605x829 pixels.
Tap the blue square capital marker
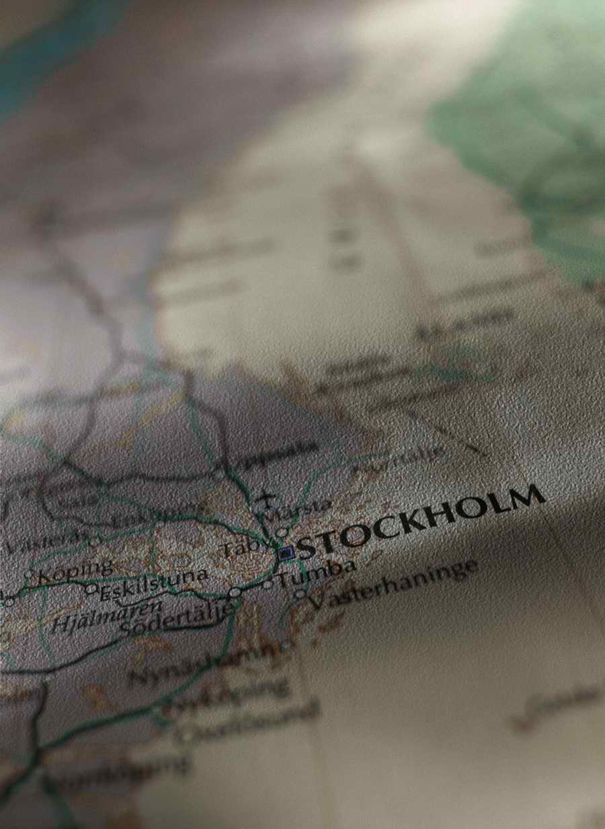[286, 553]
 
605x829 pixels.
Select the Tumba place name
[316, 573]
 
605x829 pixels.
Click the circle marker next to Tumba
[268, 584]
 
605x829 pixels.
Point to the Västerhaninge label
[393, 583]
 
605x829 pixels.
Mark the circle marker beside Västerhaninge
[299, 593]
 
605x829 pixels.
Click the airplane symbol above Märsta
[266, 500]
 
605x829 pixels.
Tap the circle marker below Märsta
[282, 532]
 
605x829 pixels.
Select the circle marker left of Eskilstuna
[91, 589]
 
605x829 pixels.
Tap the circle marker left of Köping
[29, 575]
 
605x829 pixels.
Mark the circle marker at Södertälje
[234, 592]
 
